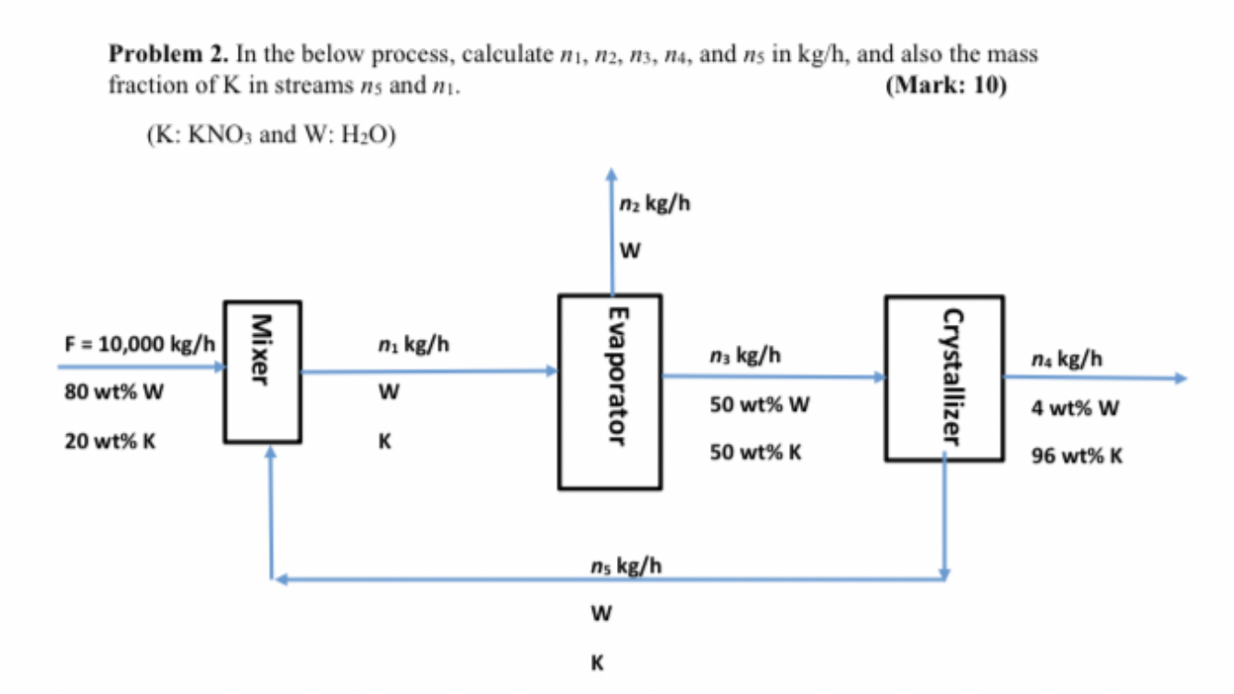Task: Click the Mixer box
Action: [x=262, y=372]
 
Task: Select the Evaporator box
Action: [x=609, y=391]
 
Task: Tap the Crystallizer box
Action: [x=944, y=378]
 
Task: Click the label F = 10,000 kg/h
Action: [x=140, y=344]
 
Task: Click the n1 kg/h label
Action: [x=413, y=345]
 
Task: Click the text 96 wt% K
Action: [x=1078, y=456]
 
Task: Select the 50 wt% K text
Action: [x=756, y=453]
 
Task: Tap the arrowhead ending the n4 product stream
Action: [x=1178, y=378]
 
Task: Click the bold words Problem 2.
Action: [x=169, y=55]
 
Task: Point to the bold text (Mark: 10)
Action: [x=945, y=86]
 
